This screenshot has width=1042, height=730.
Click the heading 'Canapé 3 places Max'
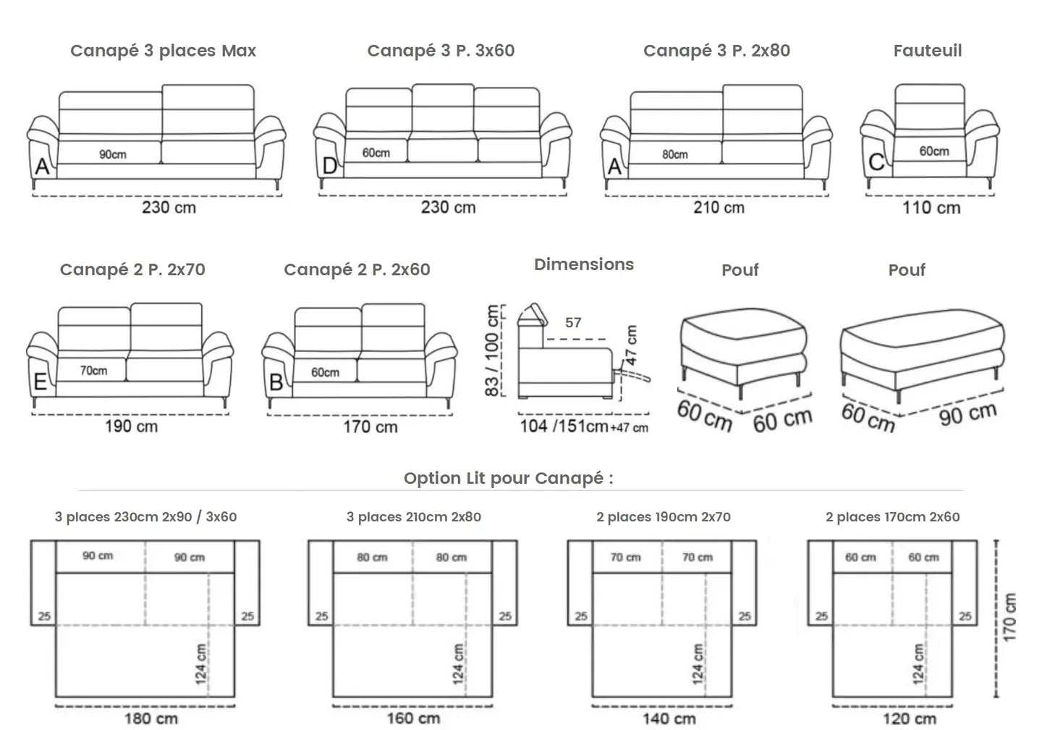click(163, 51)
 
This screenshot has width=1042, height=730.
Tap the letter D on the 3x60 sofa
click(329, 167)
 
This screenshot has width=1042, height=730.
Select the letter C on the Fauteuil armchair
click(876, 162)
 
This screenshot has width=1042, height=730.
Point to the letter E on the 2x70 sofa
click(41, 382)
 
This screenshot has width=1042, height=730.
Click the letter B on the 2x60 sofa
click(276, 382)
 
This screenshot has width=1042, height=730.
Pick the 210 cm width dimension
click(719, 208)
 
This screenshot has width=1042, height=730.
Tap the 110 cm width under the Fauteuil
click(931, 208)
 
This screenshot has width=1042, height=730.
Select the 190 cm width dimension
click(131, 426)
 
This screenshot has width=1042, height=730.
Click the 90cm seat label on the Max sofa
click(113, 154)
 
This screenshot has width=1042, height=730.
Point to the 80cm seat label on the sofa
click(674, 154)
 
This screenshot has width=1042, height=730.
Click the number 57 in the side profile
click(573, 323)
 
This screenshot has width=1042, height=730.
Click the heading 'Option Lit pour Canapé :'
click(508, 478)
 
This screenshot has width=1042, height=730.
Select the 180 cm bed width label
click(151, 718)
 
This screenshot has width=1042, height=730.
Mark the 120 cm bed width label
click(909, 718)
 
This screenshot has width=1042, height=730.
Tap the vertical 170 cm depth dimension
click(1010, 617)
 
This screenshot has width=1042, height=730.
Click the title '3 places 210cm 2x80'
click(413, 517)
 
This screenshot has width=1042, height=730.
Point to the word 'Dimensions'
click(583, 264)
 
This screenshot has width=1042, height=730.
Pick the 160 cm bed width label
click(413, 718)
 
